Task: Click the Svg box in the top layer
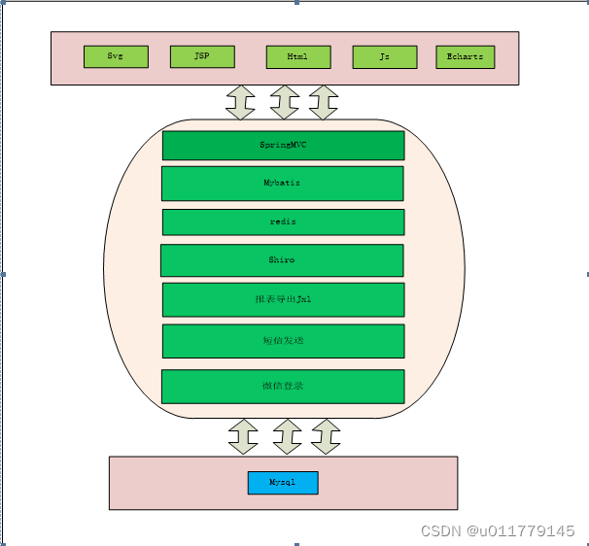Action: click(x=116, y=56)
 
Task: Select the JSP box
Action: click(x=202, y=56)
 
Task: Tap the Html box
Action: click(x=298, y=57)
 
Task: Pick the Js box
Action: click(x=385, y=57)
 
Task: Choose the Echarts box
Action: click(x=465, y=57)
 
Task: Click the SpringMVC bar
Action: click(x=283, y=145)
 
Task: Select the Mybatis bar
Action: click(x=283, y=183)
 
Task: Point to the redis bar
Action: click(x=283, y=222)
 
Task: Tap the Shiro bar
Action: click(x=282, y=260)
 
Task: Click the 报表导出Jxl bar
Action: click(x=283, y=299)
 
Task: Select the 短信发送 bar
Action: click(x=283, y=341)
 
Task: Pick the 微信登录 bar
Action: click(x=283, y=386)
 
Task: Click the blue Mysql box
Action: click(x=283, y=482)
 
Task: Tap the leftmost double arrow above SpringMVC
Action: click(x=240, y=102)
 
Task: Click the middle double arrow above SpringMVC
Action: click(x=284, y=102)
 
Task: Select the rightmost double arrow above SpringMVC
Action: click(x=323, y=102)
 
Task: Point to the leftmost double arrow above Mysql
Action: click(x=243, y=437)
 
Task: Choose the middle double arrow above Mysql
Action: click(x=287, y=437)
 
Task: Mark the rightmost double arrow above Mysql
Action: click(x=326, y=437)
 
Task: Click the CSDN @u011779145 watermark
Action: click(x=498, y=530)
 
